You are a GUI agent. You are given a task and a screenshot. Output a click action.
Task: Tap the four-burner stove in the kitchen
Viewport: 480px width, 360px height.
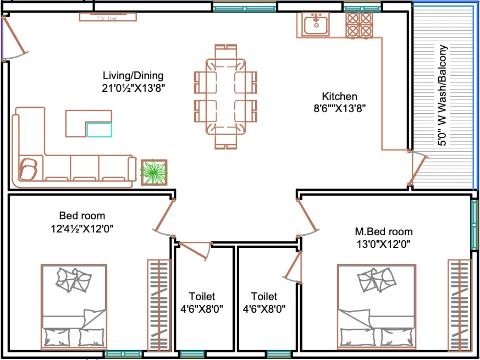[x=359, y=25]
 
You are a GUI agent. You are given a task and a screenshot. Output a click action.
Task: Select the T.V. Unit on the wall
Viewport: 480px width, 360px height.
[x=108, y=17]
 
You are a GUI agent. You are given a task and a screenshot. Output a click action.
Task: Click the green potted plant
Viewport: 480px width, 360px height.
[x=154, y=173]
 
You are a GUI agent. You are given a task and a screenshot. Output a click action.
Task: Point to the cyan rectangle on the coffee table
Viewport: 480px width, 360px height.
[x=100, y=130]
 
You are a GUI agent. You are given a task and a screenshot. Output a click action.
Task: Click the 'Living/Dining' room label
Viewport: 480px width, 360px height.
[x=133, y=75]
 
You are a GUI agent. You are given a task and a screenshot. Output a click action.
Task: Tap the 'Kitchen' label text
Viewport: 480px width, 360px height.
[x=339, y=96]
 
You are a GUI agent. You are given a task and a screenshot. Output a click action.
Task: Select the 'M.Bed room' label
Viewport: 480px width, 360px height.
[x=384, y=231]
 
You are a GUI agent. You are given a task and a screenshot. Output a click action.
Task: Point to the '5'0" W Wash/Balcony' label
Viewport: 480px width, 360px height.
[x=443, y=96]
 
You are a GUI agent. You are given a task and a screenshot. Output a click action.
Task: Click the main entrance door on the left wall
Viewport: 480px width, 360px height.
[x=14, y=38]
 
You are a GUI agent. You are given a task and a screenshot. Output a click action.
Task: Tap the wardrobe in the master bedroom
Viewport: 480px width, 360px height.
[x=460, y=305]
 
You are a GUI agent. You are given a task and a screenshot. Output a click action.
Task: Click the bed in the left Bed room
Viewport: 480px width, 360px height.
[x=74, y=307]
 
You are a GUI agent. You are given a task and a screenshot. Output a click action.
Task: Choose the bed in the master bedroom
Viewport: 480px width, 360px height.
[x=377, y=307]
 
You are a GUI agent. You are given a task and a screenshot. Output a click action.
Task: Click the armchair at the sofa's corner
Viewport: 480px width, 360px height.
[x=28, y=169]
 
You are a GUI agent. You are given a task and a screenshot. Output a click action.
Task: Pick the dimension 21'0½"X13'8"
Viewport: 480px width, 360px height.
[x=134, y=88]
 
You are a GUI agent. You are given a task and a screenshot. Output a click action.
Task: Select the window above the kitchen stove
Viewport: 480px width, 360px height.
[x=362, y=7]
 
